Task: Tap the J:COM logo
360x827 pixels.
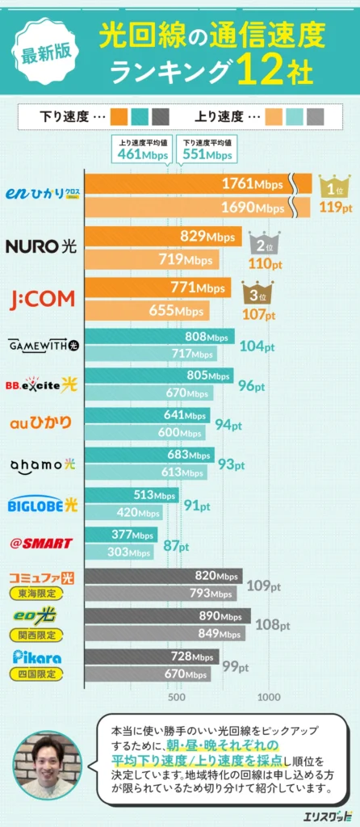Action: (41, 299)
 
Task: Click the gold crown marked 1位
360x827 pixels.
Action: (334, 188)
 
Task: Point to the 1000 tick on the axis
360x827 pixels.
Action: (269, 697)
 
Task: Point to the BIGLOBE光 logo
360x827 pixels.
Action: (41, 505)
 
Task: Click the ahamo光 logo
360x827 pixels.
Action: (41, 464)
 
